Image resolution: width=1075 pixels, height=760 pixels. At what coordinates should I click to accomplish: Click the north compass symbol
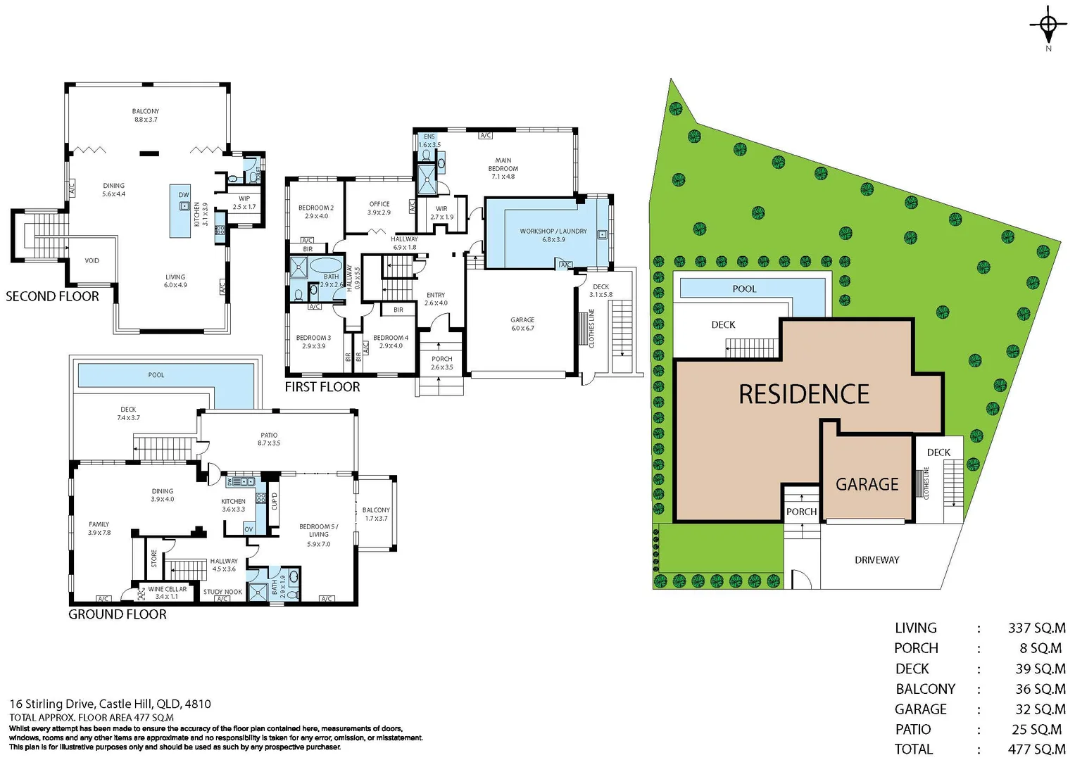[x=1048, y=26]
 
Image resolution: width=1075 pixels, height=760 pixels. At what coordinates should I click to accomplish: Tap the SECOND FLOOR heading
[x=52, y=297]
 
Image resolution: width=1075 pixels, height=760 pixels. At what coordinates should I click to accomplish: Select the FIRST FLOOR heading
[x=322, y=387]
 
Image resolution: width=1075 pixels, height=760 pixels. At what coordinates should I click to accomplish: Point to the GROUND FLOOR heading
[x=117, y=614]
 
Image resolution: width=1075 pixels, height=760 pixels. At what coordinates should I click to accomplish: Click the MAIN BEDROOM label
[x=503, y=168]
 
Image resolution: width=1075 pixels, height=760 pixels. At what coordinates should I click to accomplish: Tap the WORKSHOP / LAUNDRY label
[x=553, y=235]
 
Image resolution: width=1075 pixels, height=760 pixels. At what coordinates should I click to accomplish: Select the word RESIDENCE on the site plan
[x=804, y=394]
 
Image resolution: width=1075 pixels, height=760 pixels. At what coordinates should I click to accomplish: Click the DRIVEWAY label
[x=876, y=560]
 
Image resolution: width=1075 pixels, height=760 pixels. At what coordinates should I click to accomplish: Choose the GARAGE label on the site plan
[x=867, y=484]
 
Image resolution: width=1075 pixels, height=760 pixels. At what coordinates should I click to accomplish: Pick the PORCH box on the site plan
[x=801, y=512]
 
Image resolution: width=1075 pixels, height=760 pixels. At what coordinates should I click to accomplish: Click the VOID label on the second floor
[x=92, y=260]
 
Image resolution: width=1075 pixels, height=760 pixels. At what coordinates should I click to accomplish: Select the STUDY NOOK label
[x=222, y=592]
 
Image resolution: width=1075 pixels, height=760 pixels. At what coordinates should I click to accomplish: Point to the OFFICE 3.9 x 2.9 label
[x=379, y=208]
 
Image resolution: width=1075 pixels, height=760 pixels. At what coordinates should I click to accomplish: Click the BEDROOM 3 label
[x=313, y=342]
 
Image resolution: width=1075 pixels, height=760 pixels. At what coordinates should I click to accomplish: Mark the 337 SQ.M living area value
[x=1036, y=628]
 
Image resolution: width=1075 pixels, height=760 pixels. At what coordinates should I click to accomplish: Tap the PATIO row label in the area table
[x=913, y=730]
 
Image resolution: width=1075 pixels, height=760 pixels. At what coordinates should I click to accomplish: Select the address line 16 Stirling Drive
[x=110, y=704]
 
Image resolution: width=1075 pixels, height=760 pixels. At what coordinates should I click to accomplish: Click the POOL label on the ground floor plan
[x=156, y=375]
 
